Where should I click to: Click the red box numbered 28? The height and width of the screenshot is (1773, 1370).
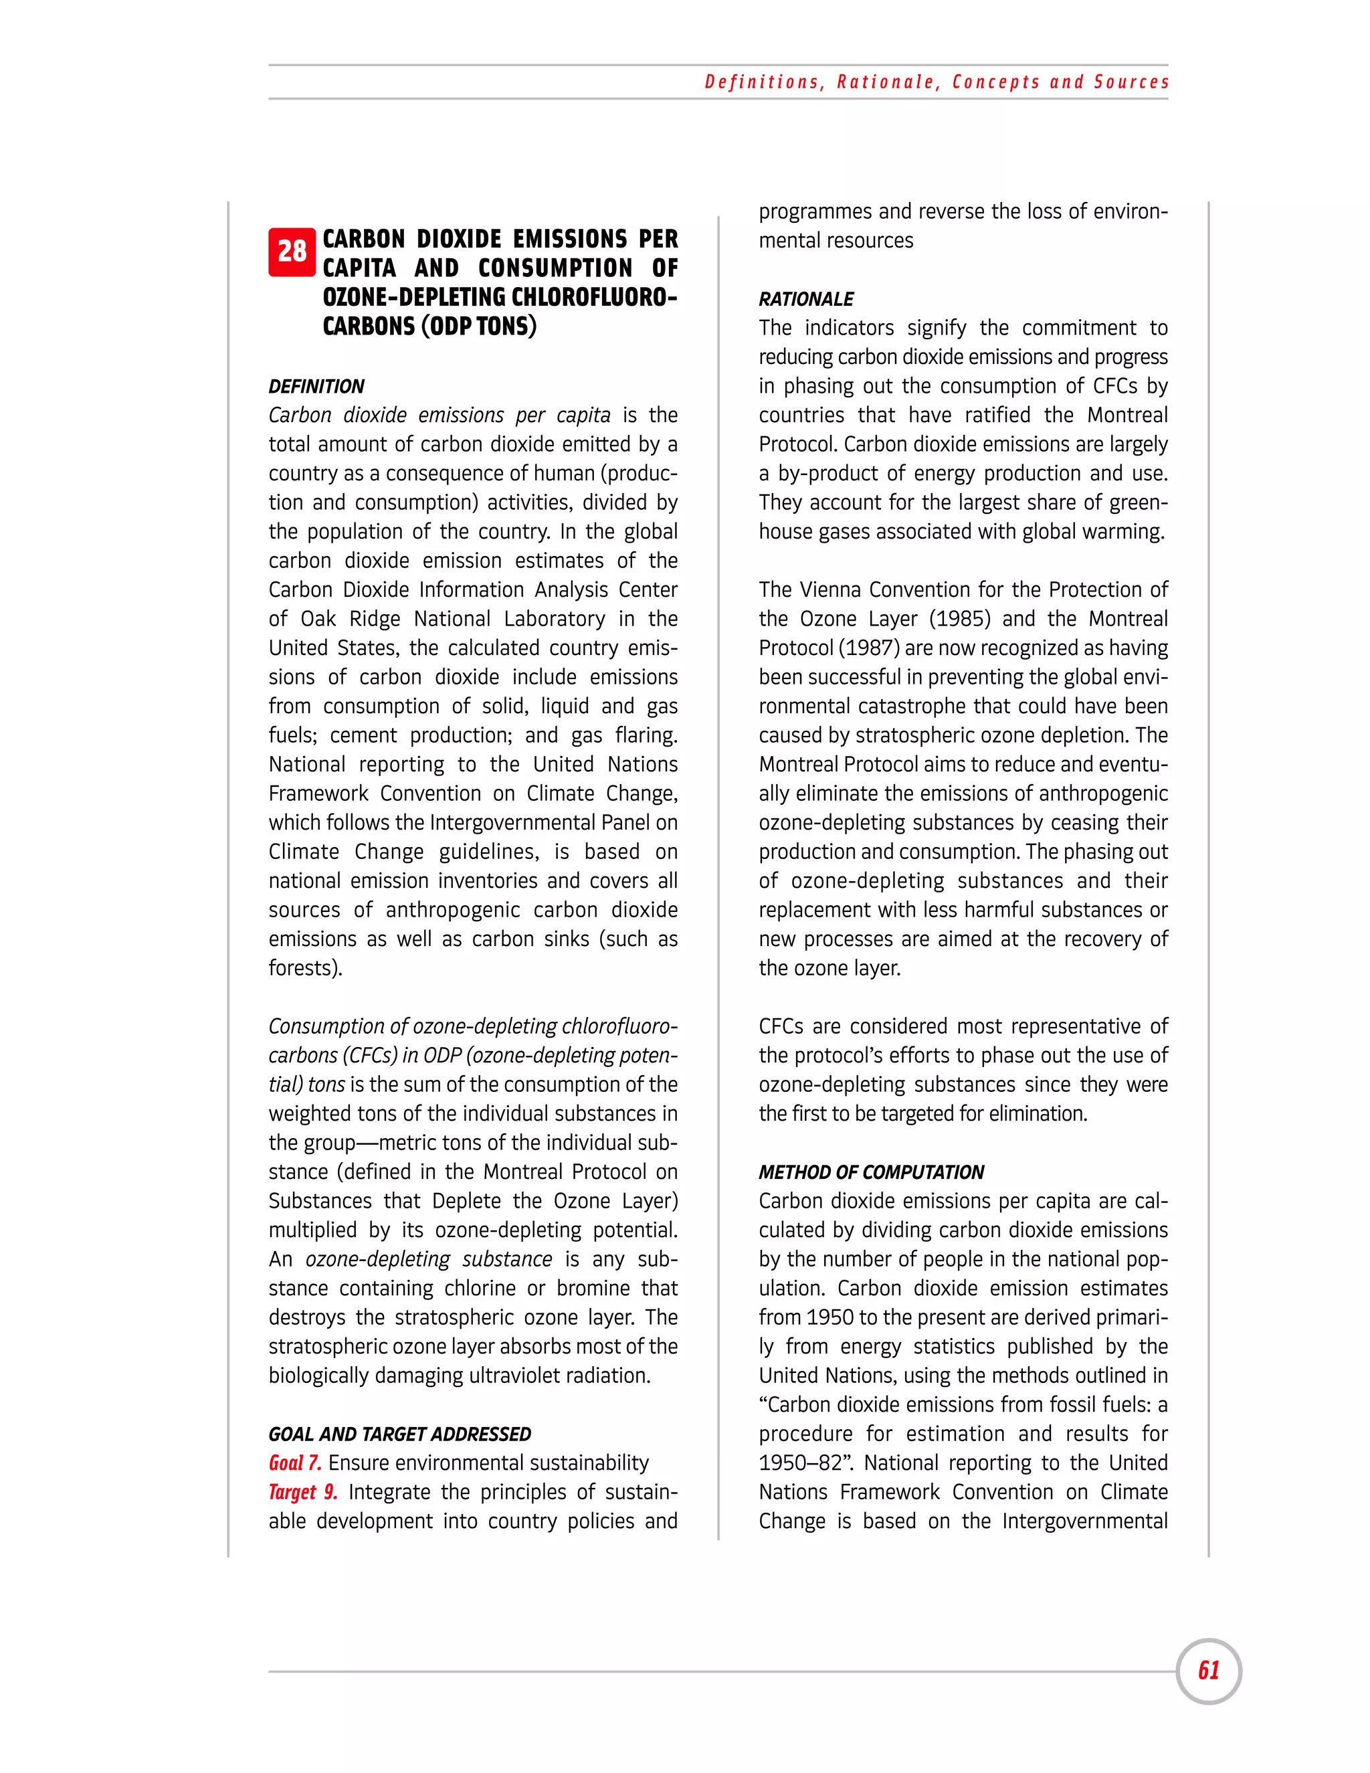point(292,252)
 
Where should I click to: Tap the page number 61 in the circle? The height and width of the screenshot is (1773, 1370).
point(1209,1670)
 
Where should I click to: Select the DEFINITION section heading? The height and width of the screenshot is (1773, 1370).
point(316,387)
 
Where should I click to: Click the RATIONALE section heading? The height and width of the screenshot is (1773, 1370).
point(806,300)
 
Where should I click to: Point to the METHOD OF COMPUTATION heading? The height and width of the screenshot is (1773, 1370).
point(871,1172)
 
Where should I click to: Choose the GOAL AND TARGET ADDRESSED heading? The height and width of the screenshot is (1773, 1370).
point(399,1434)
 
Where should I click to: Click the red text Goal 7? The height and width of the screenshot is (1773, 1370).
point(294,1463)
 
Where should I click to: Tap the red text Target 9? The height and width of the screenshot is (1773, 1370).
point(303,1492)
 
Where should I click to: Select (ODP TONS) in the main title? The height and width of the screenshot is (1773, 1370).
point(478,326)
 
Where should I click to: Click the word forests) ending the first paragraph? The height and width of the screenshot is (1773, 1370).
point(305,967)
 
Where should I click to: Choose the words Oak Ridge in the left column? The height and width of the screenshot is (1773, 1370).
point(351,619)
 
